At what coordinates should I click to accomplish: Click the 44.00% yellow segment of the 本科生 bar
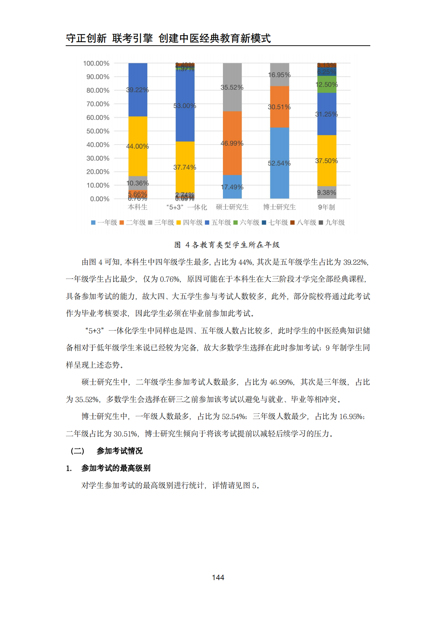coord(137,146)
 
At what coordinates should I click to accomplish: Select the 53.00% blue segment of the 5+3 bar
coord(185,105)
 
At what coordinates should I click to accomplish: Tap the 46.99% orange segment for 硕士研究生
coord(232,143)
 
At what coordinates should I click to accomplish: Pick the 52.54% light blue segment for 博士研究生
coord(279,163)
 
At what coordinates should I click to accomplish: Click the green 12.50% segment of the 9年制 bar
coord(327,85)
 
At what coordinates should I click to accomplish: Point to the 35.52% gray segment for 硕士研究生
coord(232,87)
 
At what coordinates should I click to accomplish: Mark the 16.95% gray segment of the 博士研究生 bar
coord(279,75)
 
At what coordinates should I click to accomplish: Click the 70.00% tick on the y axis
coord(98,104)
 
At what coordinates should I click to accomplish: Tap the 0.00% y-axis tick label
coord(100,199)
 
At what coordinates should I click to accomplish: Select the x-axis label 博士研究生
coord(279,207)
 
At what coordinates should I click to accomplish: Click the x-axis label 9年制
coord(326,207)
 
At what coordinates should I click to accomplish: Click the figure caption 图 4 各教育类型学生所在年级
coord(227,245)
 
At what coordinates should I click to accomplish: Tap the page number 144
coord(218,578)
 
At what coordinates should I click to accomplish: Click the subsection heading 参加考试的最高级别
coord(116,468)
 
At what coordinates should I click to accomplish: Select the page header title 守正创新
coord(86,38)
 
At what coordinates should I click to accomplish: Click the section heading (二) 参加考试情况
coord(107,451)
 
